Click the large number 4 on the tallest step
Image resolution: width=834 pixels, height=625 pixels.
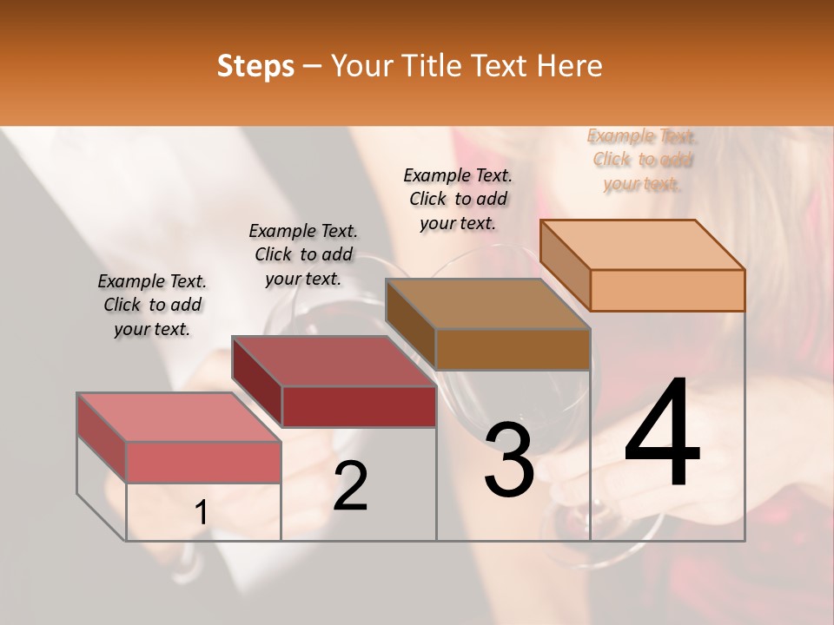662,433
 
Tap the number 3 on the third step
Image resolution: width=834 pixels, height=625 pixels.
509,459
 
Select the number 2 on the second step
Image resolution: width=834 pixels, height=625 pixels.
351,486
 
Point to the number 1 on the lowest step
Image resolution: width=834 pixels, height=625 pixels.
201,513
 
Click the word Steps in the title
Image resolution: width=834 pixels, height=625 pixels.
255,66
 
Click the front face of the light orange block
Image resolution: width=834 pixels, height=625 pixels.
667,290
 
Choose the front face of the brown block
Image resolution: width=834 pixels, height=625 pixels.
513,349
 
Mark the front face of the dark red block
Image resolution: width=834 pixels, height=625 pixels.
358,406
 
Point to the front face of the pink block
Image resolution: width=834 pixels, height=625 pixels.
203,462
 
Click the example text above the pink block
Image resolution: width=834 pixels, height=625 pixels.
152,306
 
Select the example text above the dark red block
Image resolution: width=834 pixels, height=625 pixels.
303,254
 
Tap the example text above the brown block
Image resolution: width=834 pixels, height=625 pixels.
458,199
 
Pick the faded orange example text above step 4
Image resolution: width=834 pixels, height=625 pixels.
642,160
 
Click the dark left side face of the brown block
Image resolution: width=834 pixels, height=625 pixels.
410,326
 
